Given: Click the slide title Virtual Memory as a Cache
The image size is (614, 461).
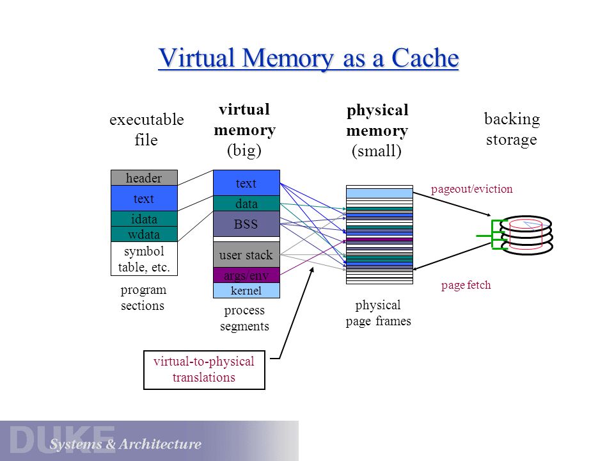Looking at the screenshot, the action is click(x=308, y=58).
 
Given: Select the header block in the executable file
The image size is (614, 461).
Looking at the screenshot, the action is click(x=144, y=178).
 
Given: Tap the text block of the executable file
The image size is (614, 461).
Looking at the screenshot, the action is click(x=144, y=198).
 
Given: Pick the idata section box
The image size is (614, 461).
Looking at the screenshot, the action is click(x=144, y=219).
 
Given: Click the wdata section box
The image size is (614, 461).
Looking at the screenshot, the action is click(x=144, y=234).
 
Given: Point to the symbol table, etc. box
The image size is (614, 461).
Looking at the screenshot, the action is click(x=144, y=259).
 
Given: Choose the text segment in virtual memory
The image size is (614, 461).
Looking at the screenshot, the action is click(x=246, y=183).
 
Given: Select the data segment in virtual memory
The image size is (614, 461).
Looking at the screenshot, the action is click(x=246, y=204).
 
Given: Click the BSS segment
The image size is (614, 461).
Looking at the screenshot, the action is click(x=246, y=224).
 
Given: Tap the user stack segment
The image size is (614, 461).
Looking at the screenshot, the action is click(x=246, y=255).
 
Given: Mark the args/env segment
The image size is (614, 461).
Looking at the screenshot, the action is click(x=246, y=275).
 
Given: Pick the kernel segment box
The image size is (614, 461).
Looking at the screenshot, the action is click(x=246, y=291).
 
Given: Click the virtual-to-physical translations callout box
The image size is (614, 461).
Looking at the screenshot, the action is click(x=204, y=369).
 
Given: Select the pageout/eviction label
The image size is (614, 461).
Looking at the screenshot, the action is click(x=471, y=189).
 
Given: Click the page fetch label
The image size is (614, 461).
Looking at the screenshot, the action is click(x=466, y=285).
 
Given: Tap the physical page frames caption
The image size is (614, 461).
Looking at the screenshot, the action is click(x=378, y=313).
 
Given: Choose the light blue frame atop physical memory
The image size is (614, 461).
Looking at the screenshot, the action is click(x=379, y=193).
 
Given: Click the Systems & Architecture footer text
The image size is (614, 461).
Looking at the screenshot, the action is click(x=125, y=444).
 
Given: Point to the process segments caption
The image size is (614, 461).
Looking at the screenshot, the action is click(x=244, y=318).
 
